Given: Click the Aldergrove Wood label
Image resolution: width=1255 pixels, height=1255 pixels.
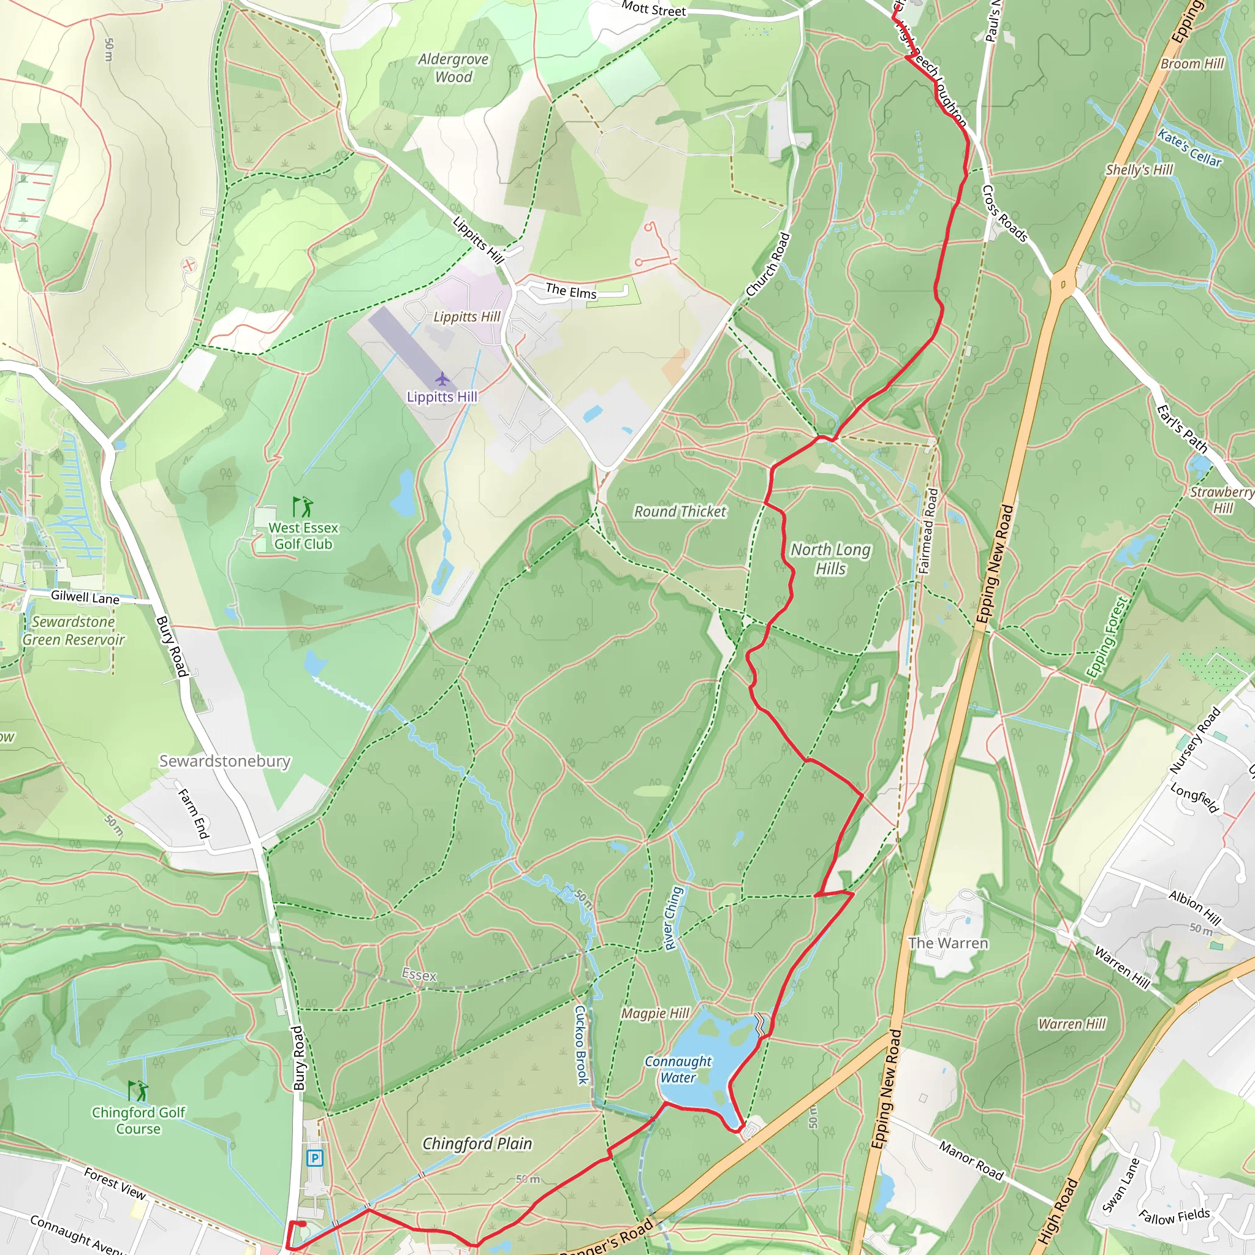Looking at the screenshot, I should click(x=453, y=68).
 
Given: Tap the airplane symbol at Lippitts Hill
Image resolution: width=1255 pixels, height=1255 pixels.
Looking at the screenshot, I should click(x=442, y=379).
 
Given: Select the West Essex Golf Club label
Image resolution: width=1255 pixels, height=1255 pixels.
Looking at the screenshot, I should click(x=303, y=536).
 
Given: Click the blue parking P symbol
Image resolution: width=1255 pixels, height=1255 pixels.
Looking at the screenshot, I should click(x=315, y=1158).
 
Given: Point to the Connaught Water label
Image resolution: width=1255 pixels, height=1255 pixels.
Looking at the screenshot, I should click(x=678, y=1069).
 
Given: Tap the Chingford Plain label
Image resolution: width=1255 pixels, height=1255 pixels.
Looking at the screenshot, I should click(x=477, y=1143).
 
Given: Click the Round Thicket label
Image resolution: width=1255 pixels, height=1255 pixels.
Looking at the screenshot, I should click(x=680, y=512).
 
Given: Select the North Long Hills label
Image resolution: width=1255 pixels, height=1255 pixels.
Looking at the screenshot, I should click(x=830, y=559).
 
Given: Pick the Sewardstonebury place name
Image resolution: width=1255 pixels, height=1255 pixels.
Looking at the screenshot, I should click(x=225, y=760).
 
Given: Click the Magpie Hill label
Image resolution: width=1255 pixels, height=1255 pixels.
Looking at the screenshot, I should click(x=655, y=1013).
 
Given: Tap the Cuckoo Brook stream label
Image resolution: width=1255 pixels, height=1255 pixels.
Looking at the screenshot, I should click(x=582, y=1045).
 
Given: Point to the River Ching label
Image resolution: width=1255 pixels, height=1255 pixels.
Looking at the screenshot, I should click(x=673, y=919).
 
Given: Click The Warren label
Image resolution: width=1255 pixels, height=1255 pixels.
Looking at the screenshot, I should click(x=948, y=942).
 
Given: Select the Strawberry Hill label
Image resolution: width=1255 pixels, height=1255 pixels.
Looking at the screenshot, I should click(x=1222, y=499).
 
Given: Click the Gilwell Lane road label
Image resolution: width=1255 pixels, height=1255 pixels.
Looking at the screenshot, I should click(x=85, y=597).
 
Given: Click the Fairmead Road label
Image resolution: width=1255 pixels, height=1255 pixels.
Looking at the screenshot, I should click(x=928, y=531).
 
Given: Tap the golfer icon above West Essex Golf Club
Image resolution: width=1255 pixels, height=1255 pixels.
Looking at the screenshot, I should click(x=303, y=506).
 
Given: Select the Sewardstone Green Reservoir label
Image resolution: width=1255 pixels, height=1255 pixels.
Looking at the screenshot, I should click(x=74, y=631).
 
